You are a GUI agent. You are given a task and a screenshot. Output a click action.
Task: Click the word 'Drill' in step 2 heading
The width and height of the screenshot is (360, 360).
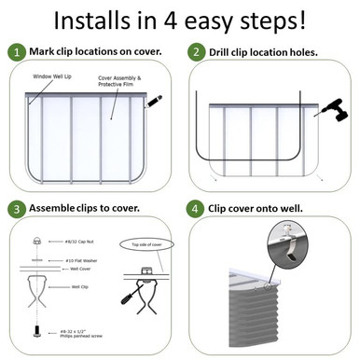(x=225, y=53)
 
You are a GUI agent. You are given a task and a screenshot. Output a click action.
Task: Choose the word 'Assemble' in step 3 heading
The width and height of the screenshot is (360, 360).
(x=55, y=206)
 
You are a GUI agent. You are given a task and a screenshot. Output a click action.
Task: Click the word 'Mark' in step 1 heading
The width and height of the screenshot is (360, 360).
(x=42, y=53)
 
